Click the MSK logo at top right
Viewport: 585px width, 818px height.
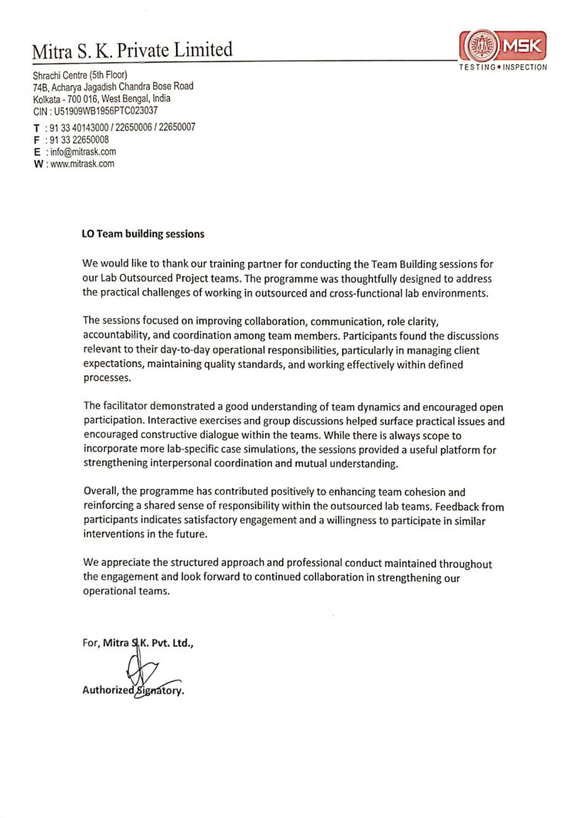point(503,46)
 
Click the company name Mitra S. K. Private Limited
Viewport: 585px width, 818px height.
point(132,51)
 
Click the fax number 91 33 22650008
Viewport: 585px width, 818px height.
point(79,139)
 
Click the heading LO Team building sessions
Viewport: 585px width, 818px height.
point(143,234)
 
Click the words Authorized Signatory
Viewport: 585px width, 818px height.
point(133,691)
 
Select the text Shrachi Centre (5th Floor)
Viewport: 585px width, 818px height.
point(80,75)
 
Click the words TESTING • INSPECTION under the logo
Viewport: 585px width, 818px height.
point(503,67)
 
